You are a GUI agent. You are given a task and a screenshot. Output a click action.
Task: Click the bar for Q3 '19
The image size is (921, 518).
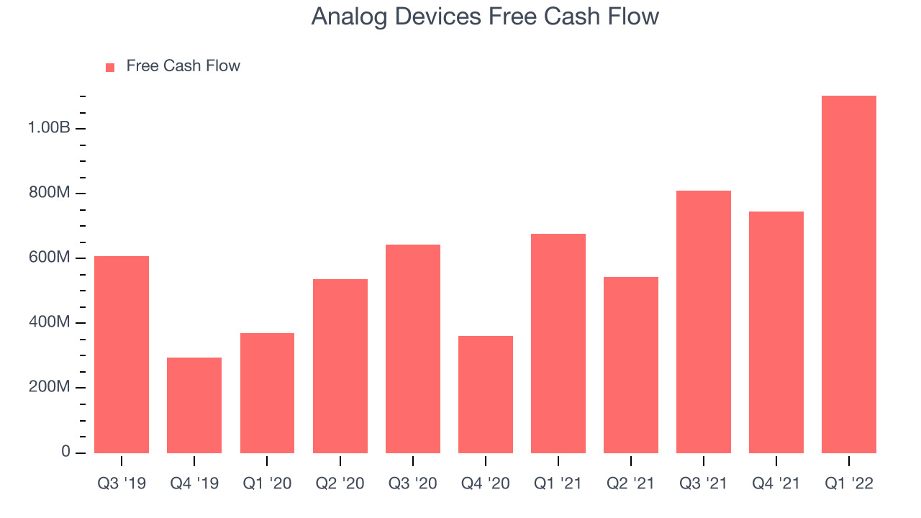point(122,355)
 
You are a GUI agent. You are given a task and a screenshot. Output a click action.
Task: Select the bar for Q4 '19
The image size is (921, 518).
point(194,405)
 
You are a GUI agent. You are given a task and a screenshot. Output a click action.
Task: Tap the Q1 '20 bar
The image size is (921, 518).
point(267,393)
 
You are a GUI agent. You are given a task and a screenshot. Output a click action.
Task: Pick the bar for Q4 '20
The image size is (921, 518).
point(486,395)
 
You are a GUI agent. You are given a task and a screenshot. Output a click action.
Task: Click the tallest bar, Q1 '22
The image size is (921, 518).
point(849,274)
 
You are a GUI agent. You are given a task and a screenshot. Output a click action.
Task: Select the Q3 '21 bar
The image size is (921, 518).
point(704,322)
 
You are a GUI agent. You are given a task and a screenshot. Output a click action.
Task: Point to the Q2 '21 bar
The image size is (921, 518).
point(631,365)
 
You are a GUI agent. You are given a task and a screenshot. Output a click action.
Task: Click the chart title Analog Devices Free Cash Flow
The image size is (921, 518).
point(485,17)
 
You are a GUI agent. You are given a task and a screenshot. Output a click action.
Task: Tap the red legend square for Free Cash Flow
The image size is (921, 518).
point(110,68)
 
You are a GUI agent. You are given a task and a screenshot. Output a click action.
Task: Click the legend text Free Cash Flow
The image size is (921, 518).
point(183,65)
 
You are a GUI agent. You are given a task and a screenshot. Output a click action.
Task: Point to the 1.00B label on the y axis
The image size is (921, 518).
point(49,127)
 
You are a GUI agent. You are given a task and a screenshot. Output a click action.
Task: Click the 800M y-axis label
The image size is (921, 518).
point(50,192)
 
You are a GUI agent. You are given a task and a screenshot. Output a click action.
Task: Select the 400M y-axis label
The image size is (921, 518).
point(50,322)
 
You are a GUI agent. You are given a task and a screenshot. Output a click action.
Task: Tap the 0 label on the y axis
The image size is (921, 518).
point(65,451)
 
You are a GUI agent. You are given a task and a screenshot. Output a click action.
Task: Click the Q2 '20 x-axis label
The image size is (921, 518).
point(340,483)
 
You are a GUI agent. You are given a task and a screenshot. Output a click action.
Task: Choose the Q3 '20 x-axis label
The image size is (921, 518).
point(413,483)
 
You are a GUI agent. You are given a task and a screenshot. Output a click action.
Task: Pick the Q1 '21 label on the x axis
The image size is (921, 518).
point(558,483)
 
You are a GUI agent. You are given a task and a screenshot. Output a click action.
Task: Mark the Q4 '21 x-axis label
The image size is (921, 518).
point(776,483)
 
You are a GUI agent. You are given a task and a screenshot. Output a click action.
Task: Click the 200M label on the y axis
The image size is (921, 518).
point(50,386)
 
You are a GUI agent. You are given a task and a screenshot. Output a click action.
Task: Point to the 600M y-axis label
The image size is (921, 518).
point(50,257)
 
